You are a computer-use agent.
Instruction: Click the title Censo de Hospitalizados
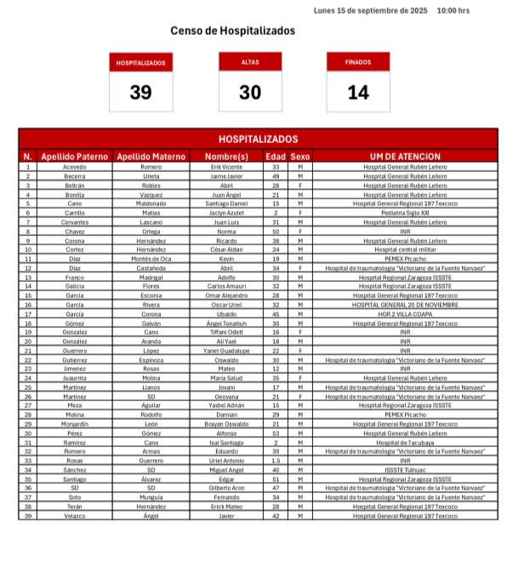[232, 31]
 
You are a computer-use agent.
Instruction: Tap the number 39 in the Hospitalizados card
[140, 93]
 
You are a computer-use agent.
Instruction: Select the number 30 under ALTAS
[249, 93]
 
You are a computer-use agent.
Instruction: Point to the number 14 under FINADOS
[357, 93]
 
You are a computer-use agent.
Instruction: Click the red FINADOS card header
[357, 62]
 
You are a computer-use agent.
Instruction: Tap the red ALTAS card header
[249, 62]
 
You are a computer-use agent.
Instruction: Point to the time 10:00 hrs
[453, 11]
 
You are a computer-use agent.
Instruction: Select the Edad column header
[276, 157]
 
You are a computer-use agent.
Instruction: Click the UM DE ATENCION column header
[405, 157]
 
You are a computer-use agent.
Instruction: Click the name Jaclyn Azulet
[227, 212]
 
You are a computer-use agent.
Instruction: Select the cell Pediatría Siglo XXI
[405, 212]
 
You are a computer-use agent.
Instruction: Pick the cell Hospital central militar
[405, 249]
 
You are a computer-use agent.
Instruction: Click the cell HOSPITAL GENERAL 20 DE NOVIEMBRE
[405, 304]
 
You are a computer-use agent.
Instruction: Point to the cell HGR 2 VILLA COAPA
[405, 313]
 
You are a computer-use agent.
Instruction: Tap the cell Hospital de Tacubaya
[405, 442]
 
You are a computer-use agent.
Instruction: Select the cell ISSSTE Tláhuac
[405, 469]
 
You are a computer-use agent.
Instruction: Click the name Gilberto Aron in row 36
[227, 488]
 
